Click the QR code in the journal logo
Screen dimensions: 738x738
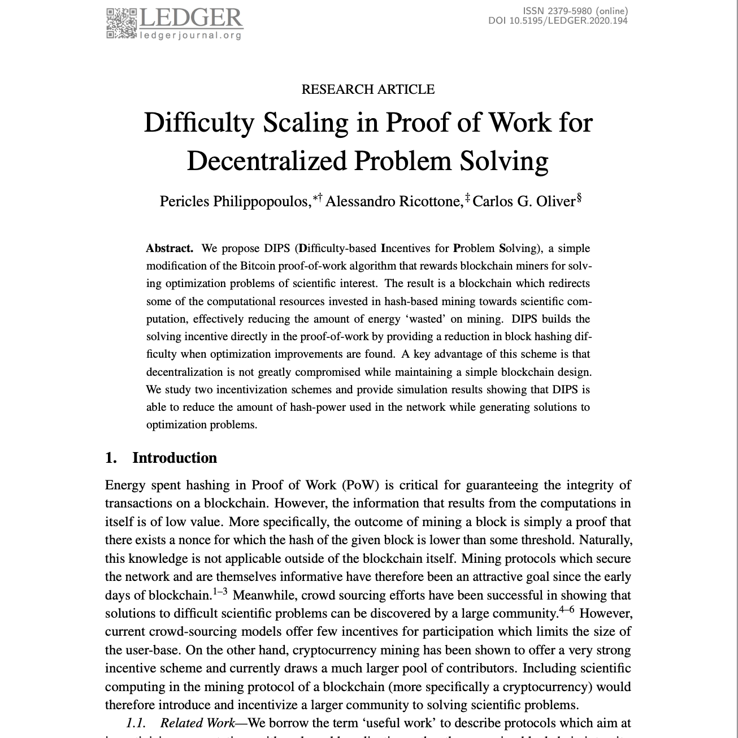(121, 23)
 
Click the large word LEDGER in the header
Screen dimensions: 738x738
(191, 18)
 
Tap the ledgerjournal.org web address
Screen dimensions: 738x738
(191, 36)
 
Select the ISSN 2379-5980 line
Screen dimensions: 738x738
(575, 11)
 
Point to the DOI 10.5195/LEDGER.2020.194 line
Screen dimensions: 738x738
(558, 21)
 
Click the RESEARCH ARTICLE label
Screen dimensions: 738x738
(368, 89)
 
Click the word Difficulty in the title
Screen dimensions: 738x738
(198, 123)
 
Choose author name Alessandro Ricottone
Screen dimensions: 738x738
(394, 202)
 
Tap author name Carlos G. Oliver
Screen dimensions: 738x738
(523, 202)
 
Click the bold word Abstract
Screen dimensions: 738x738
(170, 248)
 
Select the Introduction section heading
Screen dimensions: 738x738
(175, 458)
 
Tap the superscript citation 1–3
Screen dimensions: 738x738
(220, 592)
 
